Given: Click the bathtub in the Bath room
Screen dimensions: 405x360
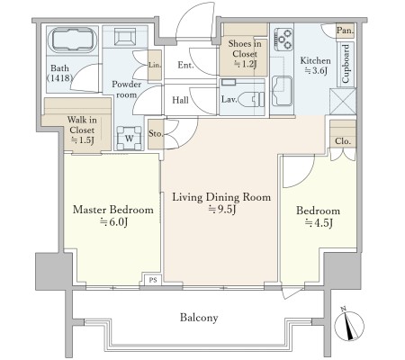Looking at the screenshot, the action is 72,40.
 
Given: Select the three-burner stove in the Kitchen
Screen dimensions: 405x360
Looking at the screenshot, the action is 283,39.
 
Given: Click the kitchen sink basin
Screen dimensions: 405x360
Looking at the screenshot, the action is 282,91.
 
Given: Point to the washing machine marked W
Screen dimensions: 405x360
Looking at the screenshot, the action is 129,138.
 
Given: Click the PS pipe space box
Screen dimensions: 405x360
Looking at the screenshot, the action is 153,280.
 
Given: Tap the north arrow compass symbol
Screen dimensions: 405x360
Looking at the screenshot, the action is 349,324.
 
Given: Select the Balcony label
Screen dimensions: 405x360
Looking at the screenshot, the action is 199,318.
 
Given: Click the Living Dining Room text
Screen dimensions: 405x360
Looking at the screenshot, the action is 221,197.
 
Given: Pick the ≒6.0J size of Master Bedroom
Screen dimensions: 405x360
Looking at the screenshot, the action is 114,222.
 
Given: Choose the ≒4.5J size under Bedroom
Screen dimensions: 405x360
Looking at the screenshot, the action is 319,223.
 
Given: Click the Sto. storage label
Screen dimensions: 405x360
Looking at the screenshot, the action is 156,133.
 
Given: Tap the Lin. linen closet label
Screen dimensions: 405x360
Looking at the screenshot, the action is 155,65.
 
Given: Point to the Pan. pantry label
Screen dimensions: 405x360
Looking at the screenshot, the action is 346,31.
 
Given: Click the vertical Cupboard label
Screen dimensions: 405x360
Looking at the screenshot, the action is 346,64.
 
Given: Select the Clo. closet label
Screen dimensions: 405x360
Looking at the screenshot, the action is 343,141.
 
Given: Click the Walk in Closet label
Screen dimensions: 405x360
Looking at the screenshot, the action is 82,130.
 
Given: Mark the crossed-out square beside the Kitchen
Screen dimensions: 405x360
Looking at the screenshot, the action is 343,101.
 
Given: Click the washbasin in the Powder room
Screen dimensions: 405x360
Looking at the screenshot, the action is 124,37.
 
